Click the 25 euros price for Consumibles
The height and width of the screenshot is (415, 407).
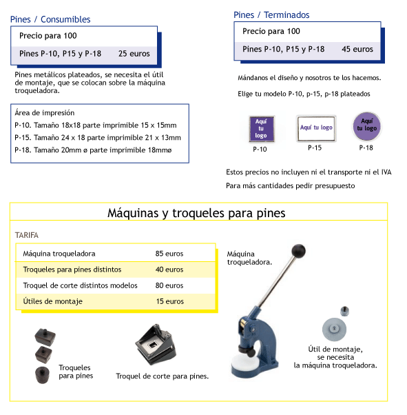134,54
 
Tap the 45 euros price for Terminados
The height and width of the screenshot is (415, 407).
357,49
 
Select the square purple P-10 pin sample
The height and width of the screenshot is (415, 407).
261,129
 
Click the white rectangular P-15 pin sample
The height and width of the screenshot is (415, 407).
316,128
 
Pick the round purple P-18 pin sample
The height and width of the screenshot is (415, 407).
367,126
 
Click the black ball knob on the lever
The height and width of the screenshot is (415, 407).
299,251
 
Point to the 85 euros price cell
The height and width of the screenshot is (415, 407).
169,254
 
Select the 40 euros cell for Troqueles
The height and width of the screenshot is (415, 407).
169,270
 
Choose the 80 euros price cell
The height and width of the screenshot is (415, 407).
169,285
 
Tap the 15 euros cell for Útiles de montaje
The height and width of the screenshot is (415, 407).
170,301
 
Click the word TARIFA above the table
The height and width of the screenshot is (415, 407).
27,235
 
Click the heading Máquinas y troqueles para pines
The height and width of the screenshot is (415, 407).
196,213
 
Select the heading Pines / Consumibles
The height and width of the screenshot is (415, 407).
50,19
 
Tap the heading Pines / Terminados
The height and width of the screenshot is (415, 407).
271,15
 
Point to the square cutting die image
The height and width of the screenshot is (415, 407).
156,344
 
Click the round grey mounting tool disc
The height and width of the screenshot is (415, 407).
334,330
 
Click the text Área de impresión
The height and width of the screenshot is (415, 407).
45,113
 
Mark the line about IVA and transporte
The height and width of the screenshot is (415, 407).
309,172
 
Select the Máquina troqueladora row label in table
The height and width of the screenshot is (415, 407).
59,254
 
